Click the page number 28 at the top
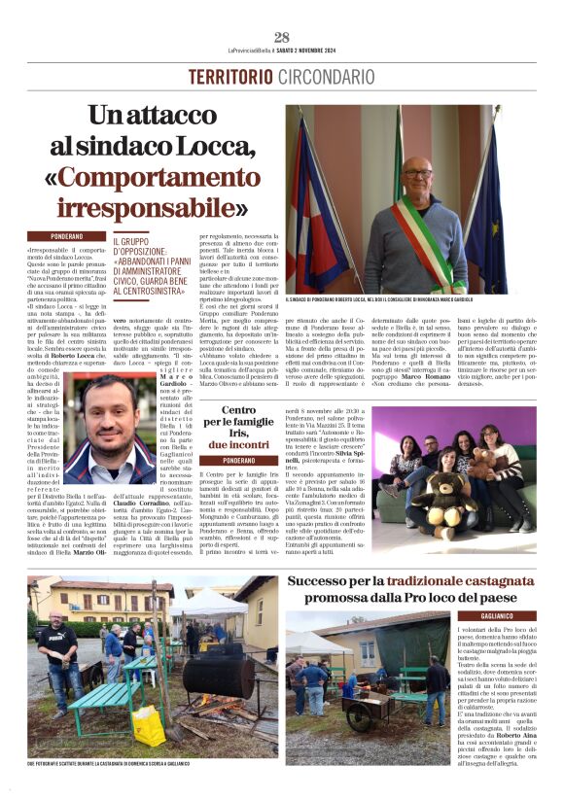pos(282,37)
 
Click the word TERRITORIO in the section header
pos(230,76)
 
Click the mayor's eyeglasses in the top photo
pos(417,173)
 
